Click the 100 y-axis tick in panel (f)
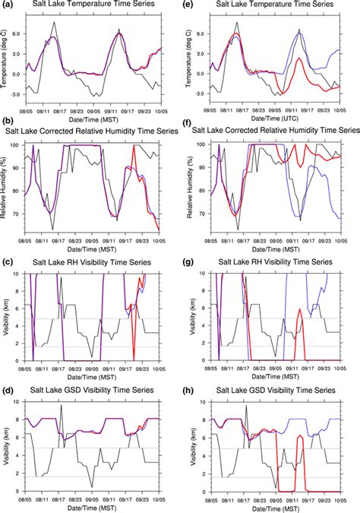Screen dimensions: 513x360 (199, 144)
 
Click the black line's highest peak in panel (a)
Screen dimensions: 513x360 (53, 22)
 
